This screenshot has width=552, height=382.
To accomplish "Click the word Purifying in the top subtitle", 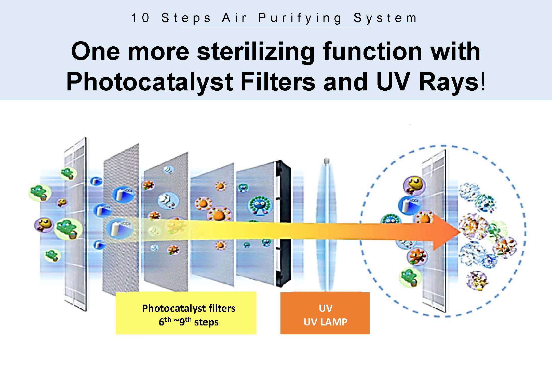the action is pyautogui.click(x=300, y=19).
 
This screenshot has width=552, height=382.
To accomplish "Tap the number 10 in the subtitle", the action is pyautogui.click(x=140, y=18).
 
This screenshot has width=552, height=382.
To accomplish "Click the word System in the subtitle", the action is pyautogui.click(x=385, y=19).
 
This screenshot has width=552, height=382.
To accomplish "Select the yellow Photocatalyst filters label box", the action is pyautogui.click(x=186, y=313).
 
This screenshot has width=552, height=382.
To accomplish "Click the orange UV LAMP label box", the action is pyautogui.click(x=325, y=313).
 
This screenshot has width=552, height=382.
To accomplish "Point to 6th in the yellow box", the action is pyautogui.click(x=165, y=322).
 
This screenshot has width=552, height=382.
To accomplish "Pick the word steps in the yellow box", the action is pyautogui.click(x=206, y=322).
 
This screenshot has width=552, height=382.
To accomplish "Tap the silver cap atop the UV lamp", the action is pyautogui.click(x=327, y=161).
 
